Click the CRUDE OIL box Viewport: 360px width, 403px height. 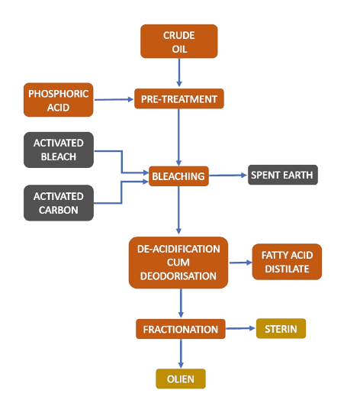(x=179, y=40)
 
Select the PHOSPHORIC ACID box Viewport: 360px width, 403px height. (x=59, y=101)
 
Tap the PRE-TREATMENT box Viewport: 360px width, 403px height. (x=179, y=99)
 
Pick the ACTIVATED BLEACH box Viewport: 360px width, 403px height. (x=59, y=150)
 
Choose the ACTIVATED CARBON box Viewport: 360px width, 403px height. (x=59, y=202)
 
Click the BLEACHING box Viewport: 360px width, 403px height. (x=178, y=176)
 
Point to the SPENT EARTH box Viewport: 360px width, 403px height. (x=282, y=176)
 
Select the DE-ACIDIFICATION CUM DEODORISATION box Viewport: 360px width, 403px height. (x=178, y=263)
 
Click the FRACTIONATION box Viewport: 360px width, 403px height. (x=181, y=330)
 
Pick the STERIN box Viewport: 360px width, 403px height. (x=281, y=329)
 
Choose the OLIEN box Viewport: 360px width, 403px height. (x=181, y=378)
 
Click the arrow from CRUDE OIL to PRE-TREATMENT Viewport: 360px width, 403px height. (x=179, y=73)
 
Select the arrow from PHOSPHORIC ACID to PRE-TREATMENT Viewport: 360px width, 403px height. (x=114, y=99)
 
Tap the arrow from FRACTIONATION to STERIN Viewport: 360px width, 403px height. (x=240, y=329)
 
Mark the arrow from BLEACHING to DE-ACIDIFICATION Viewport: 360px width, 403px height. (x=178, y=211)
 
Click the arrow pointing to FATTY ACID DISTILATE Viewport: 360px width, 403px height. (x=239, y=263)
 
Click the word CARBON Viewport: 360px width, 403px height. (x=59, y=210)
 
